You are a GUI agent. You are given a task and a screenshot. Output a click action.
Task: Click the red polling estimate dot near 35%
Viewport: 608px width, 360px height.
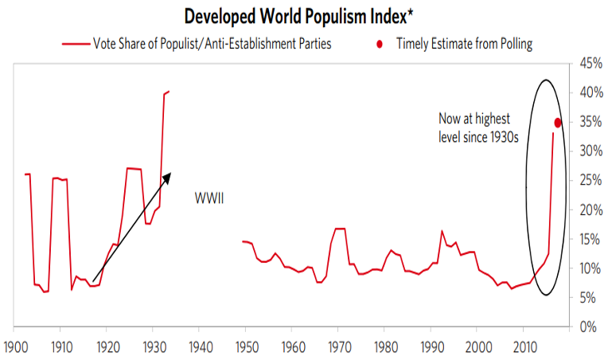point(558,122)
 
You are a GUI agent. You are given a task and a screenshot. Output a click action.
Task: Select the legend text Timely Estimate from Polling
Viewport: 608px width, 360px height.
point(465,45)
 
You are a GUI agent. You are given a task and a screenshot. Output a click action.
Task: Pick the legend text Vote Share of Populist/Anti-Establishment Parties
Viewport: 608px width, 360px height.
point(212,45)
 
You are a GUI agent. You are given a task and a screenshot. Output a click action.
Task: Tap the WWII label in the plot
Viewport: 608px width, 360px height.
point(209,198)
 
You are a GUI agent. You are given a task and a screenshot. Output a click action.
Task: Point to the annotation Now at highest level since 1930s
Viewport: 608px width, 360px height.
point(478,127)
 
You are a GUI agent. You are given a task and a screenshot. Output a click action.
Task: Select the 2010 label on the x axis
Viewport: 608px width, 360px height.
point(523,347)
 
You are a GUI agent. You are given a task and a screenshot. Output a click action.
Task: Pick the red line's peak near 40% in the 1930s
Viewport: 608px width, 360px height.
point(167,92)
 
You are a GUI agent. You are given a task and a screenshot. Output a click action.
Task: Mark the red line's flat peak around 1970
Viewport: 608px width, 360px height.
point(340,229)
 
